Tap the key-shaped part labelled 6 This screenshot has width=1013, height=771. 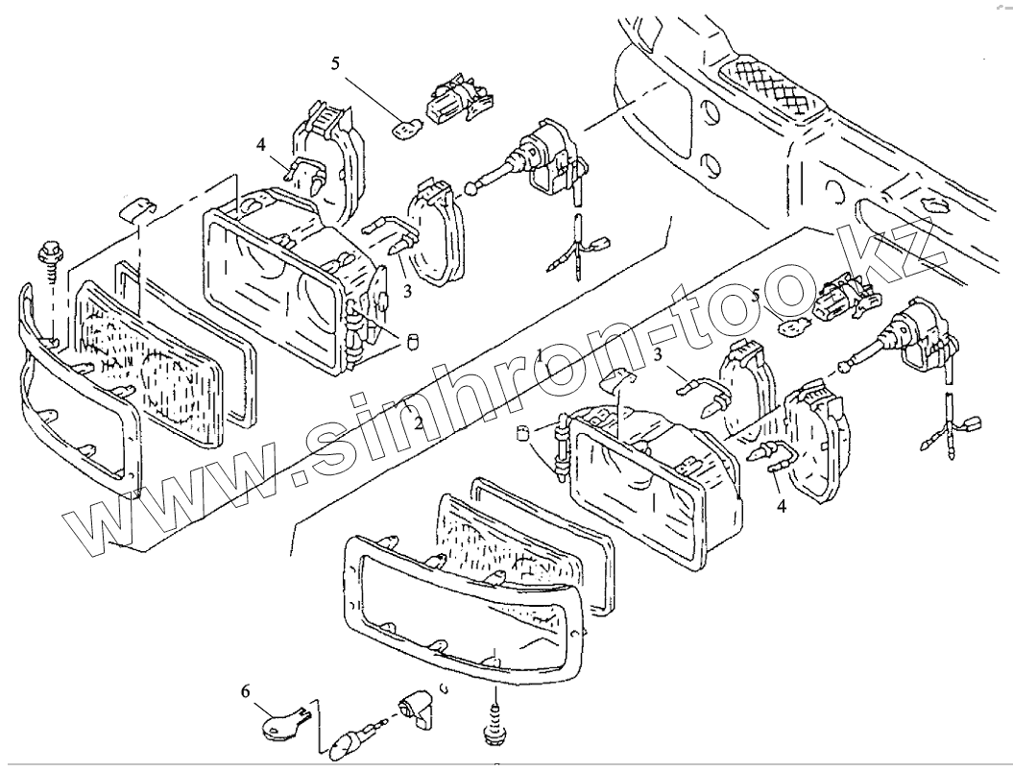click(280, 723)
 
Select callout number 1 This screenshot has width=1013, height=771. click(542, 357)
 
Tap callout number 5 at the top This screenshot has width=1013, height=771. click(335, 64)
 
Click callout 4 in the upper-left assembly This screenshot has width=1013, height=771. click(260, 144)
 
